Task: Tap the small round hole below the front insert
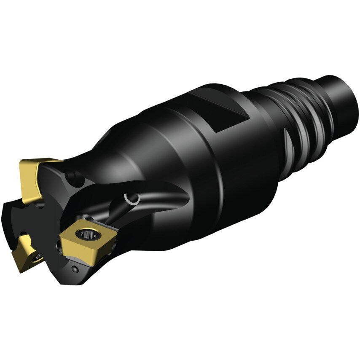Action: [x=75, y=269]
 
